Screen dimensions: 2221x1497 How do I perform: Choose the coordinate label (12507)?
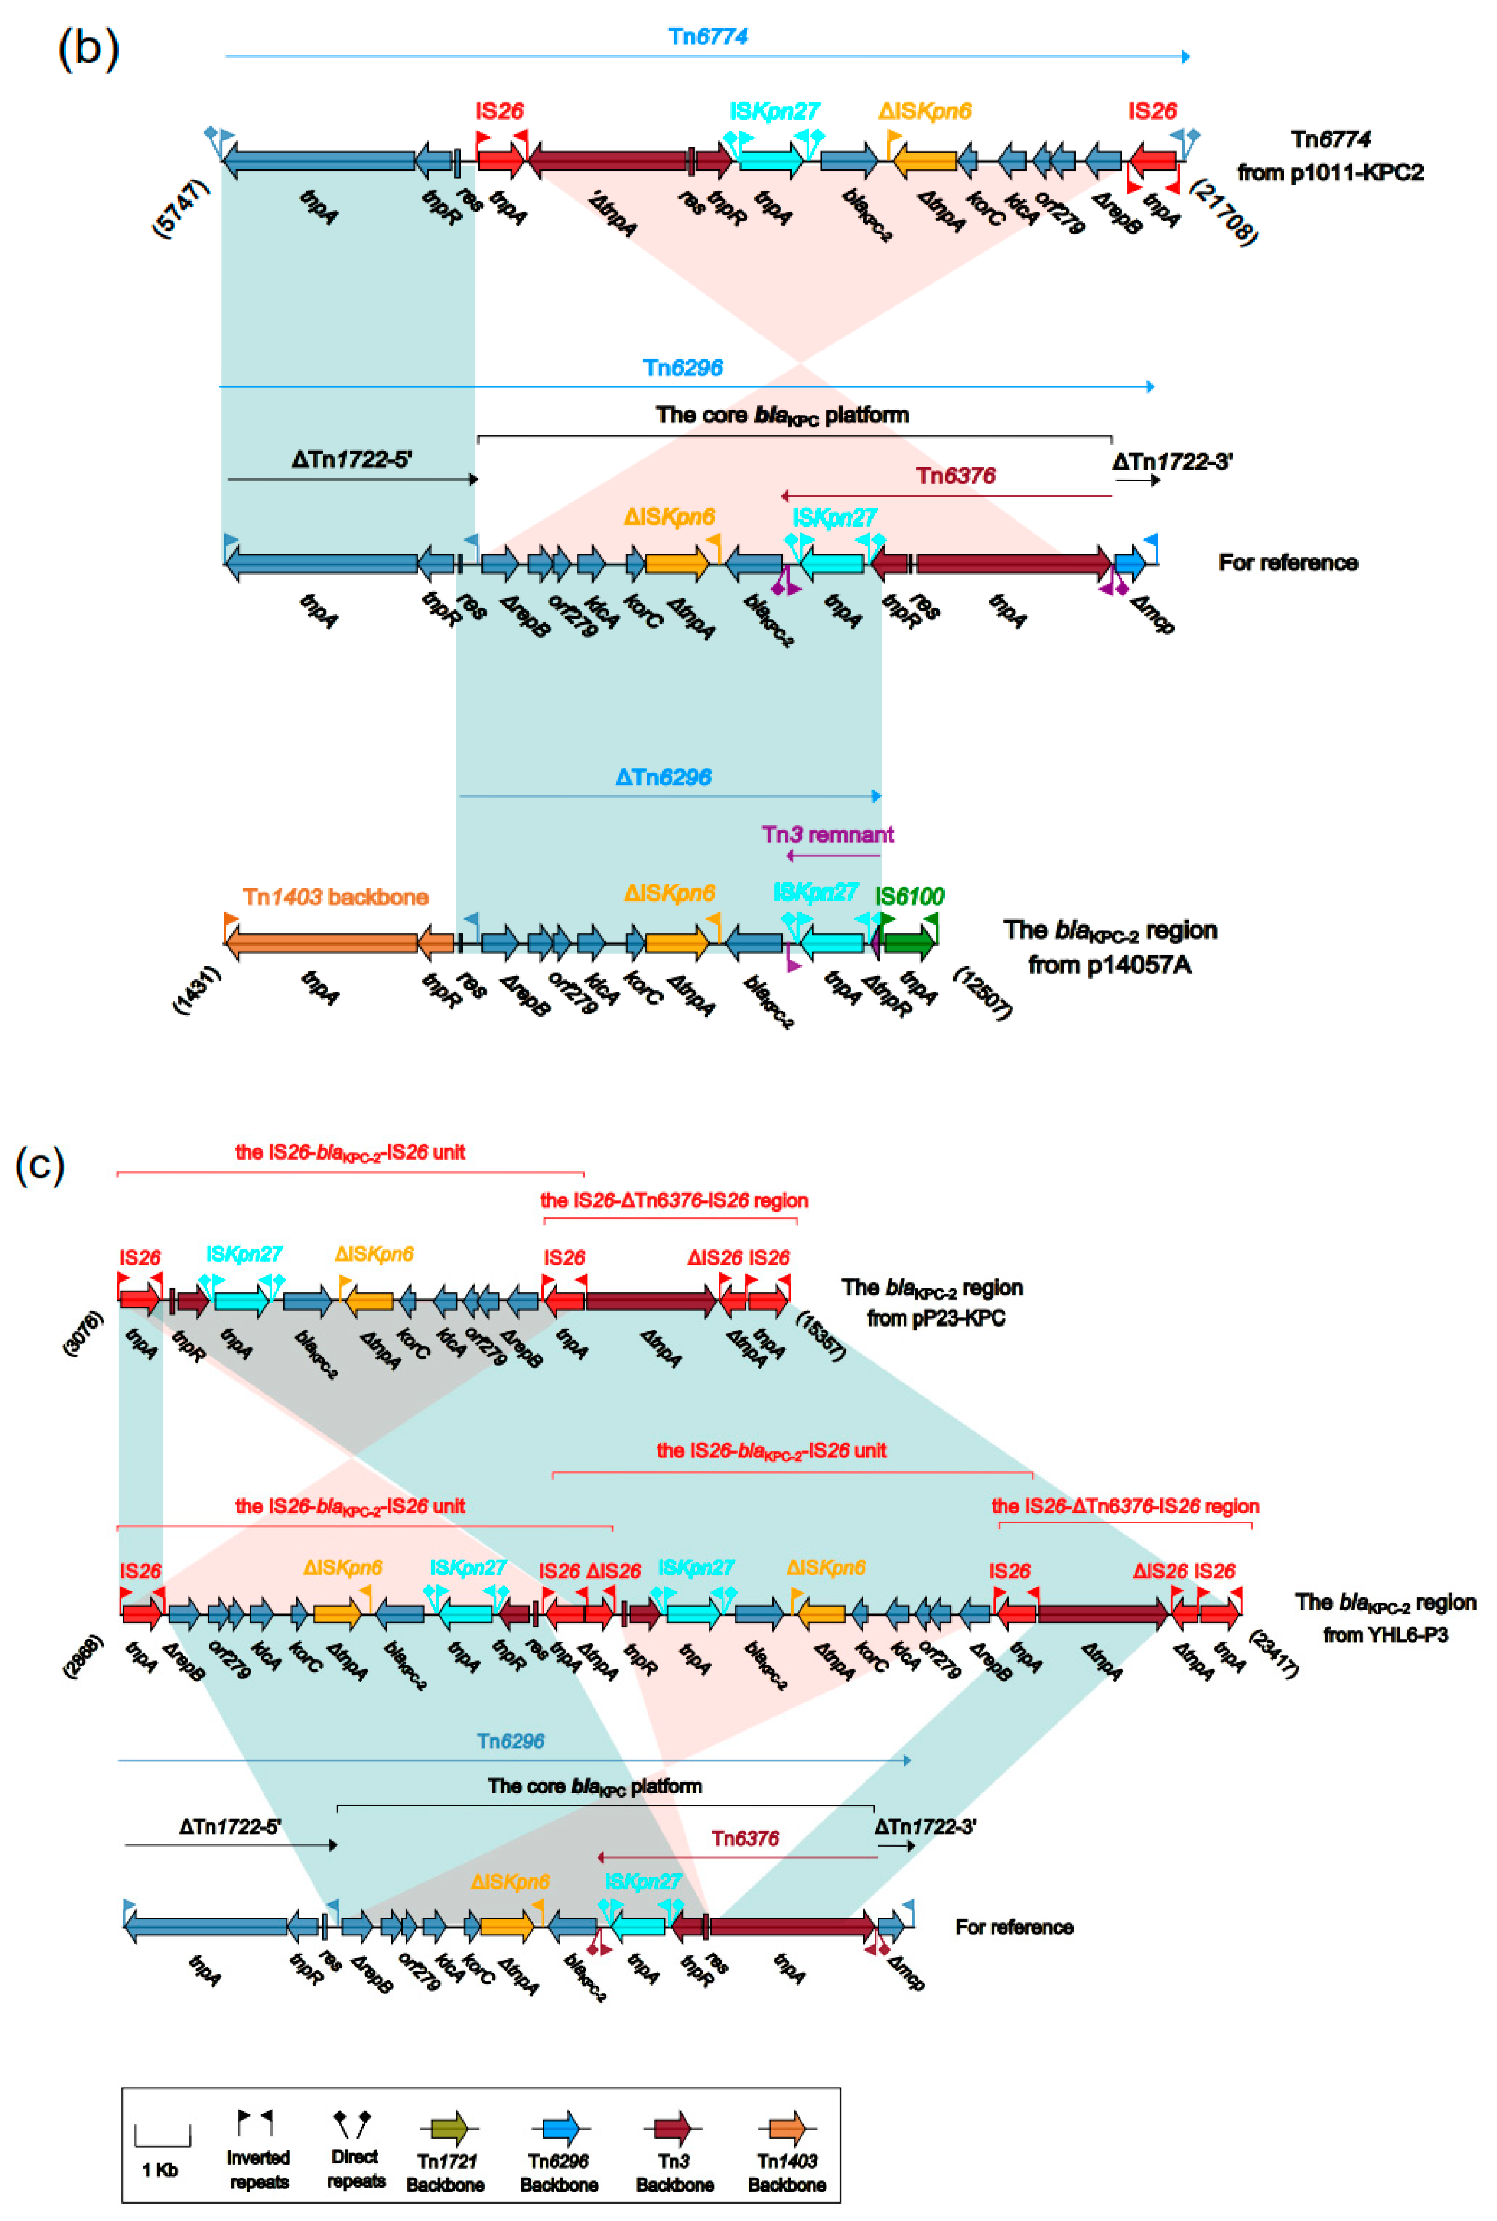pos(984,993)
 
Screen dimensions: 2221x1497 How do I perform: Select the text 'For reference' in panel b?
pos(1288,562)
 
